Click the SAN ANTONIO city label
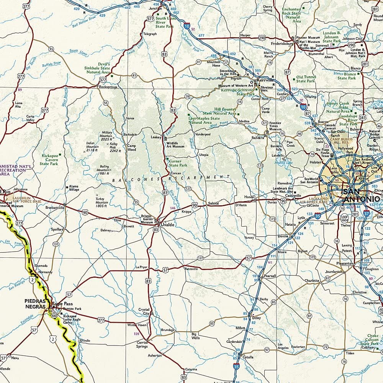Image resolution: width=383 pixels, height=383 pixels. [x=361, y=195]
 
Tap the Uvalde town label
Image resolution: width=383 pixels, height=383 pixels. [x=167, y=224]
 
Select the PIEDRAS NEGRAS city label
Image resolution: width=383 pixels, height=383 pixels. [x=36, y=303]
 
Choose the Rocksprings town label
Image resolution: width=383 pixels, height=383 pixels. [x=108, y=87]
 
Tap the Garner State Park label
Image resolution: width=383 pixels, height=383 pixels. [x=178, y=163]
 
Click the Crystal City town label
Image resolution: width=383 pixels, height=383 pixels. [x=144, y=311]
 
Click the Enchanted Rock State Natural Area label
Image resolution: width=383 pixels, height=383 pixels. [x=291, y=15]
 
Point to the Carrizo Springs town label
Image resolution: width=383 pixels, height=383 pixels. [x=142, y=344]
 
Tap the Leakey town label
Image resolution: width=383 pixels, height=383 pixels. [x=156, y=137]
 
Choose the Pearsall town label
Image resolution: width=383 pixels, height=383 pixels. [x=270, y=276]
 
